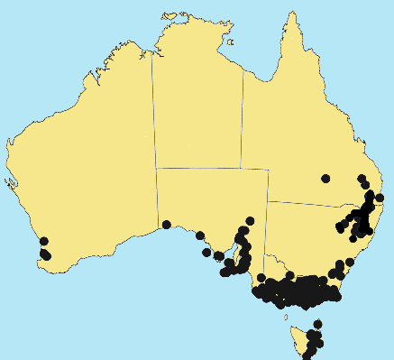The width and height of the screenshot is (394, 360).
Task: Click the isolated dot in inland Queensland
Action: tap(325, 178)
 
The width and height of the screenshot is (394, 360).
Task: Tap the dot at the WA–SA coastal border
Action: tap(167, 224)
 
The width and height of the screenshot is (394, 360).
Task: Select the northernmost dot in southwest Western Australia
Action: tap(42, 242)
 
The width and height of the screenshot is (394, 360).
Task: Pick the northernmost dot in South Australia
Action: tap(250, 221)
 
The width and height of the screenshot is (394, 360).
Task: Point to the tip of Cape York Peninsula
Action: tap(290, 14)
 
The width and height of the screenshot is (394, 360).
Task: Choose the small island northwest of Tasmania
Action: tap(286, 317)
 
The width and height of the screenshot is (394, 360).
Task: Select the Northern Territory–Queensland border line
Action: tap(243, 117)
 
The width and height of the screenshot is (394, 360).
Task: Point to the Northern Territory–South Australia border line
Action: tap(198, 168)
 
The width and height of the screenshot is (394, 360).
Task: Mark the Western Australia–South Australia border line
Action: tap(157, 198)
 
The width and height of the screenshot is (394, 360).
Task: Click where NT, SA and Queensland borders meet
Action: tap(242, 168)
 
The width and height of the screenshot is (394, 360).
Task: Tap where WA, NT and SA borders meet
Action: tap(156, 167)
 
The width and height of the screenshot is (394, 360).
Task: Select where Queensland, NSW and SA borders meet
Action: tap(269, 199)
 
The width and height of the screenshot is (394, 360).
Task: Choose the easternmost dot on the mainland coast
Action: tap(380, 198)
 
